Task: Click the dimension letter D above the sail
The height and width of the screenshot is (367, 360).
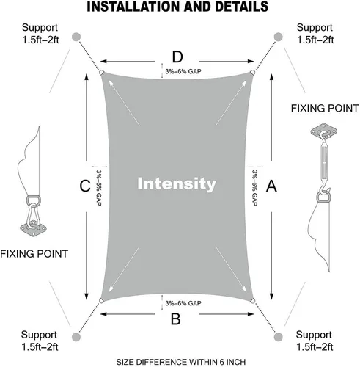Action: pyautogui.click(x=177, y=57)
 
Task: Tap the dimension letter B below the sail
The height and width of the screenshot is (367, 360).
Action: pyautogui.click(x=175, y=319)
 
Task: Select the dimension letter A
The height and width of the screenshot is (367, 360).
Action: pyautogui.click(x=271, y=186)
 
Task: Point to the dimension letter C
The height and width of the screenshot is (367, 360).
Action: pyautogui.click(x=85, y=186)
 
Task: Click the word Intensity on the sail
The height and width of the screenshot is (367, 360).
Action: pyautogui.click(x=177, y=184)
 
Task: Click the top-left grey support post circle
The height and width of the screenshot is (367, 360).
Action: pyautogui.click(x=76, y=37)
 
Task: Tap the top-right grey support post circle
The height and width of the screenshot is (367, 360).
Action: pyautogui.click(x=278, y=37)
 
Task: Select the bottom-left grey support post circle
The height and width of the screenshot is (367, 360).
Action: pyautogui.click(x=76, y=337)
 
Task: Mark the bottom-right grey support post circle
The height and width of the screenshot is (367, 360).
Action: pyautogui.click(x=278, y=337)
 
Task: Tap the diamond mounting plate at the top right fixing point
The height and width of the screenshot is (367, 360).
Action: pyautogui.click(x=324, y=132)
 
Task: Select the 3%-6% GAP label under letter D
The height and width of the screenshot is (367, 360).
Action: pyautogui.click(x=183, y=71)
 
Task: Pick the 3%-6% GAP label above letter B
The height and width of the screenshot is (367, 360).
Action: pyautogui.click(x=183, y=303)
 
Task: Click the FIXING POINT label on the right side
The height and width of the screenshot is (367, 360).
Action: pyautogui.click(x=325, y=108)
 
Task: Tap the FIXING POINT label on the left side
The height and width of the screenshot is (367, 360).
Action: pyautogui.click(x=34, y=254)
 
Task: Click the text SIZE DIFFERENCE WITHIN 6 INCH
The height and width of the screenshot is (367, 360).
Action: pyautogui.click(x=181, y=362)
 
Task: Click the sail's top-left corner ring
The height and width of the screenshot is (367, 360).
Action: pyautogui.click(x=101, y=73)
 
